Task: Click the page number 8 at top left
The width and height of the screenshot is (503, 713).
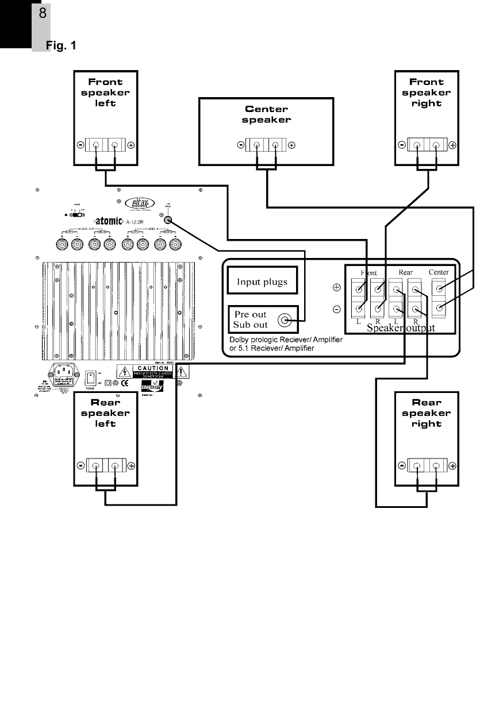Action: tap(43, 13)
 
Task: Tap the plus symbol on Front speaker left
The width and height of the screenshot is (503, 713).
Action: tap(132, 145)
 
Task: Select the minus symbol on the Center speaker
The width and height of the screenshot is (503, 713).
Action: tap(240, 145)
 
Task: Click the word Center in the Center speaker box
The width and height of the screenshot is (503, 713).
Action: tap(266, 109)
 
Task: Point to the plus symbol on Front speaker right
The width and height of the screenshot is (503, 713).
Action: tap(452, 145)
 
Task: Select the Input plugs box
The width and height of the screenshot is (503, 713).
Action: tap(263, 282)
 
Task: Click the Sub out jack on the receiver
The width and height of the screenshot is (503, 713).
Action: tap(284, 320)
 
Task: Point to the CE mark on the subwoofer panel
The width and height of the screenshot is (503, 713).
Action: tap(124, 383)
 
